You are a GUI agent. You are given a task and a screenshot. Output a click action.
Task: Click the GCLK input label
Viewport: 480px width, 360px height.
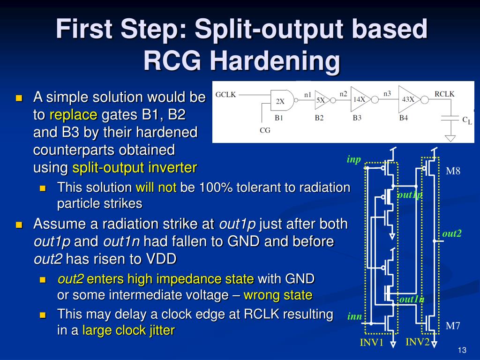pos(225,95)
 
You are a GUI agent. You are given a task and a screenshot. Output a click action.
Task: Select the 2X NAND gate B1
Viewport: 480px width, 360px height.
pos(282,100)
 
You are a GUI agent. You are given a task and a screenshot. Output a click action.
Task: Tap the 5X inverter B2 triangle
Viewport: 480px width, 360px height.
pos(322,100)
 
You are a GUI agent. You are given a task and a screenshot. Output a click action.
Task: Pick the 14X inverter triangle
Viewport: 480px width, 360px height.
pos(360,99)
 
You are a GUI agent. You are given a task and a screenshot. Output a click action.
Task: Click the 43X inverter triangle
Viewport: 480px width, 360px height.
pos(409,99)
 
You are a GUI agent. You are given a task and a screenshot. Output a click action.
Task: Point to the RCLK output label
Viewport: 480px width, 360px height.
pos(444,94)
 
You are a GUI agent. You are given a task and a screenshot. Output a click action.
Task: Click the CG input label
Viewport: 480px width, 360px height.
pos(265,130)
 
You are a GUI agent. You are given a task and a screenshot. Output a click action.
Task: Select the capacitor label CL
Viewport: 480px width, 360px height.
pos(467,120)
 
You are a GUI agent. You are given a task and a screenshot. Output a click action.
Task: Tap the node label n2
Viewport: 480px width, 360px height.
pos(344,94)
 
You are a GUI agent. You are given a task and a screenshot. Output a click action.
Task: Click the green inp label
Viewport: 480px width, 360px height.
pos(354,159)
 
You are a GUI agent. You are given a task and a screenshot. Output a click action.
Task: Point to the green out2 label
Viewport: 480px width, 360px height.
pos(452,233)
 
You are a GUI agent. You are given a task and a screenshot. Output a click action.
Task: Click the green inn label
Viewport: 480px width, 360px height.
pos(355,316)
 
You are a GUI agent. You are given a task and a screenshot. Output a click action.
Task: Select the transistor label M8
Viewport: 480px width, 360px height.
pos(453,171)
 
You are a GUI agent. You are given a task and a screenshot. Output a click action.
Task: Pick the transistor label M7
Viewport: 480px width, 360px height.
pos(453,326)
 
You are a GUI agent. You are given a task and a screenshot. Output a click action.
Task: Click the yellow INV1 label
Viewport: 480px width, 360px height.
pos(372,342)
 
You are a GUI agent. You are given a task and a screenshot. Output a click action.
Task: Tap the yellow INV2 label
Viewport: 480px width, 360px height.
pos(418,342)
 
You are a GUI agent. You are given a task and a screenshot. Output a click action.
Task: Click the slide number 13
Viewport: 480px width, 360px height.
pos(462,350)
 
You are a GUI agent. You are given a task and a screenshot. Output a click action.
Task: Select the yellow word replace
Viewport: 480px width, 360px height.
pos(74,115)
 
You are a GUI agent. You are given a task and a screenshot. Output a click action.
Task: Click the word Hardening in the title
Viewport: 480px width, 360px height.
pos(275,60)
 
